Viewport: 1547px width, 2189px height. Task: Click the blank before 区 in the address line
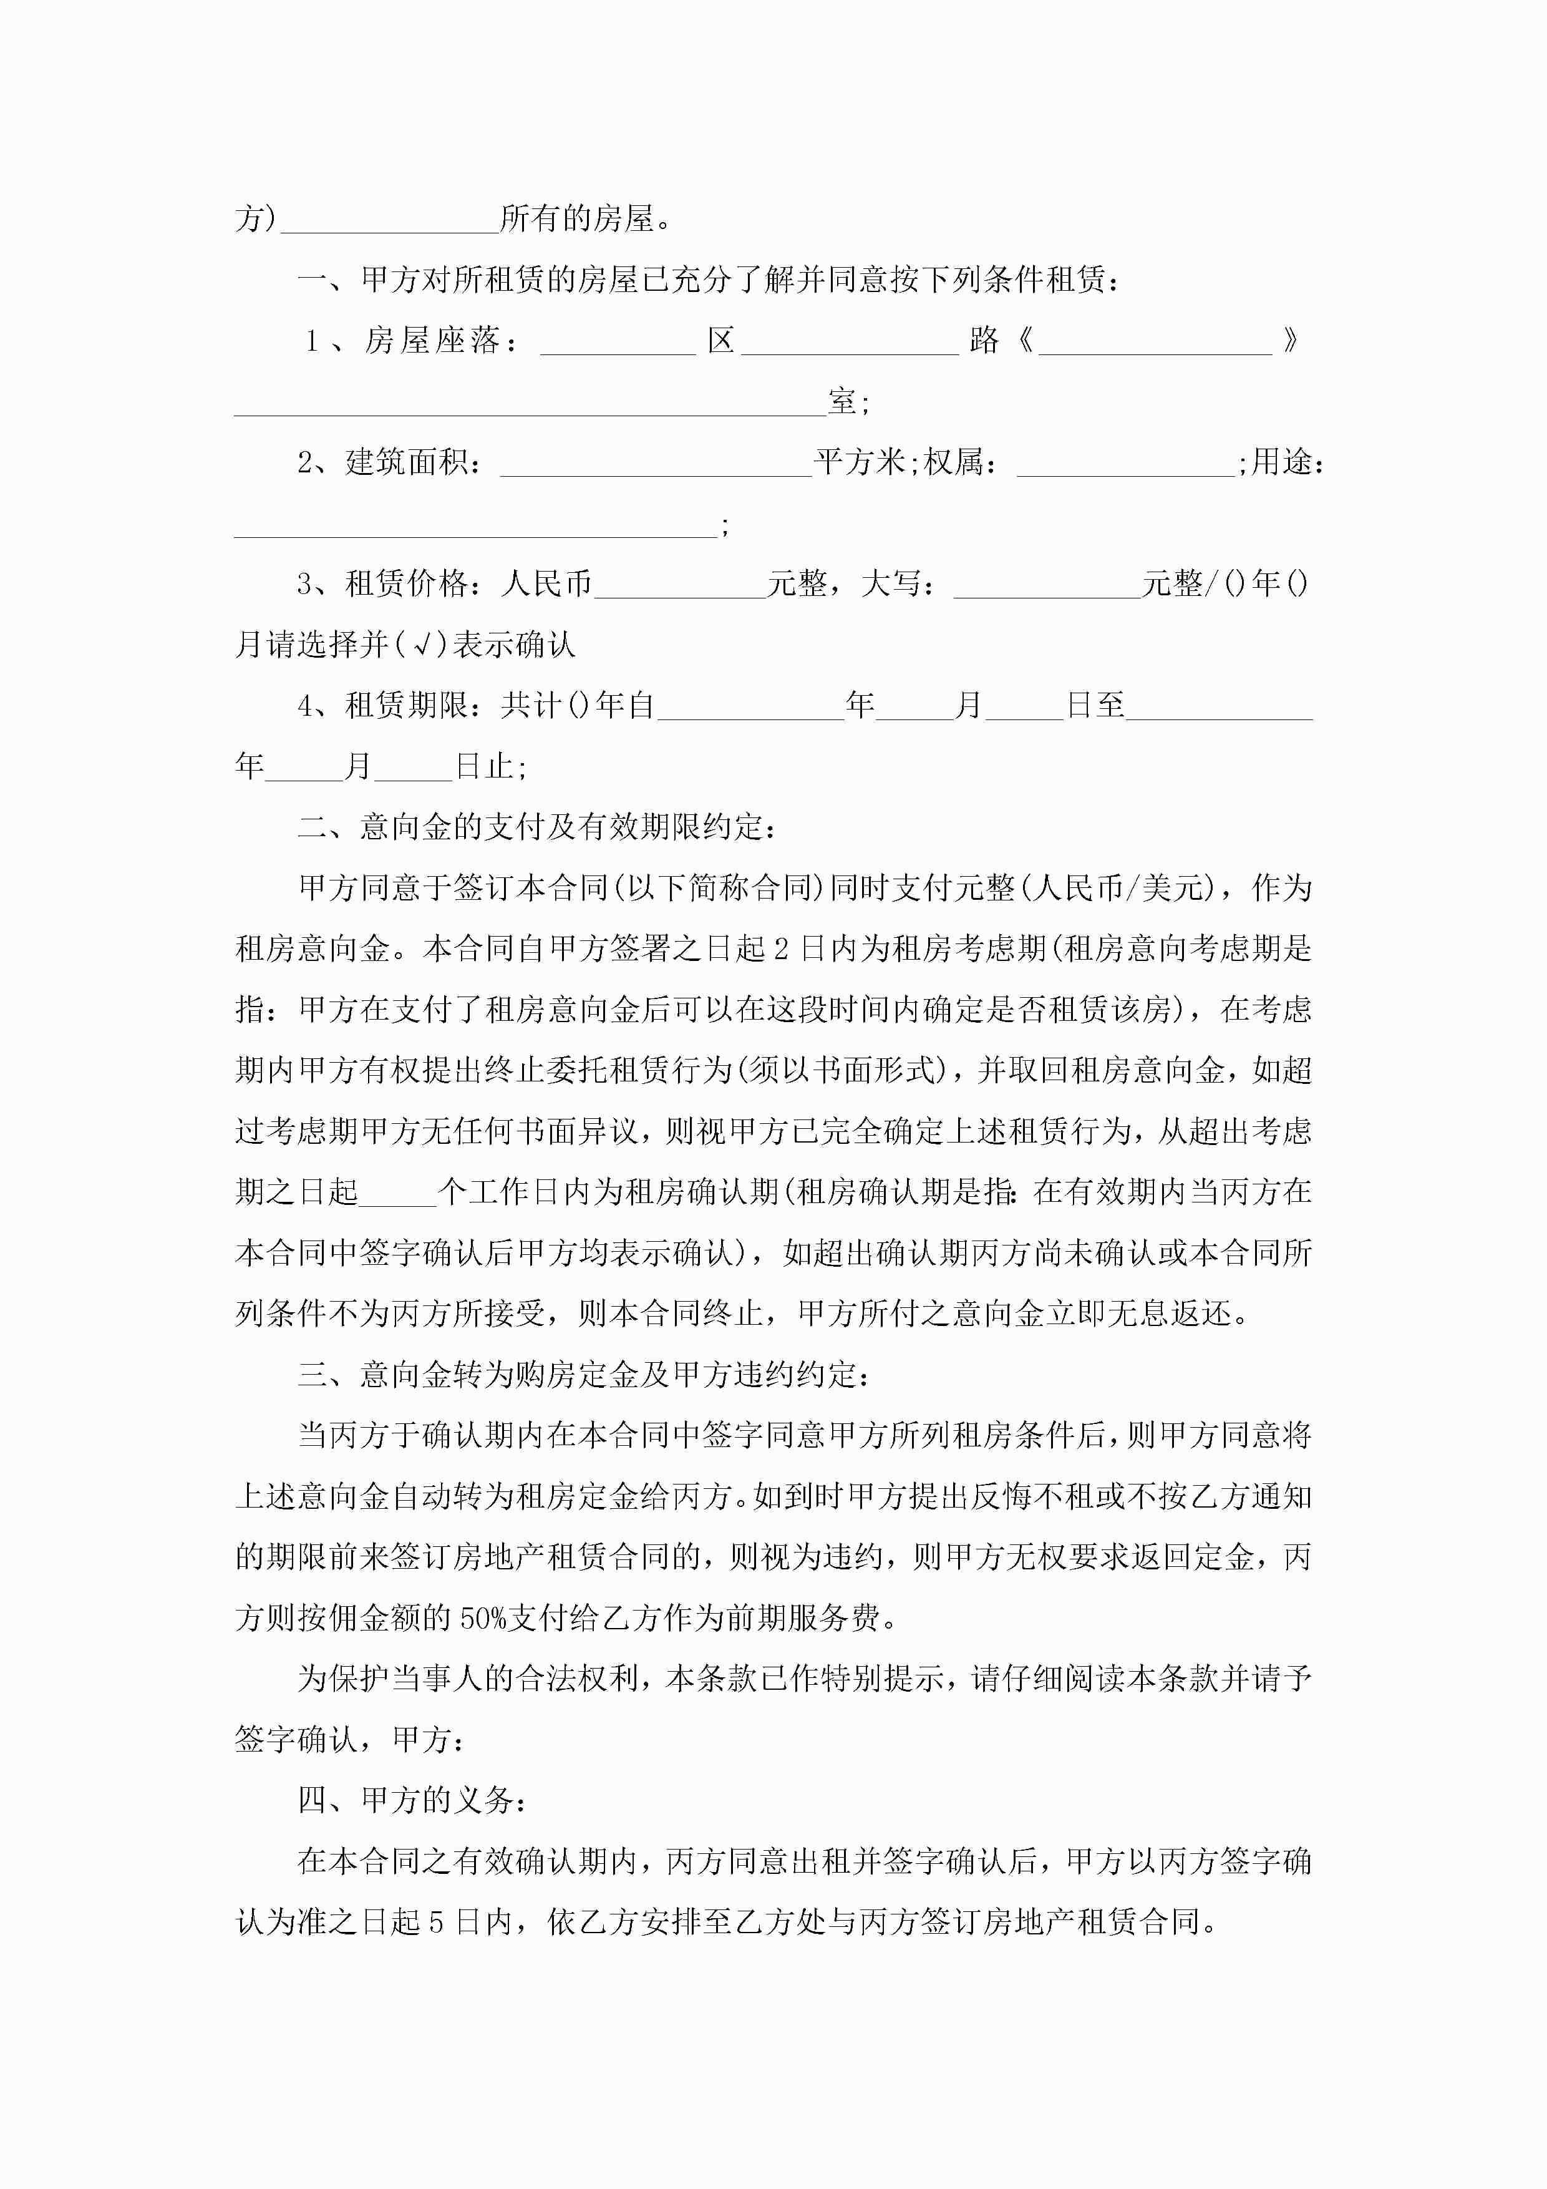click(618, 343)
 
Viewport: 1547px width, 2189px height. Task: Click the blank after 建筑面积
click(656, 464)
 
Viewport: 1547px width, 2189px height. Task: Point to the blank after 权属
click(1125, 464)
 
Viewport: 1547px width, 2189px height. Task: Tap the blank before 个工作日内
click(397, 1192)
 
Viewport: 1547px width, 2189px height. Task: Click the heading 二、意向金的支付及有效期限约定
click(536, 827)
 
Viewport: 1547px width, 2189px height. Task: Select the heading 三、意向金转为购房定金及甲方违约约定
click(583, 1375)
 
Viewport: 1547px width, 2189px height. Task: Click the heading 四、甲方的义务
click(411, 1800)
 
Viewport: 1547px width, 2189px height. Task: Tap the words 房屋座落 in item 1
click(432, 341)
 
